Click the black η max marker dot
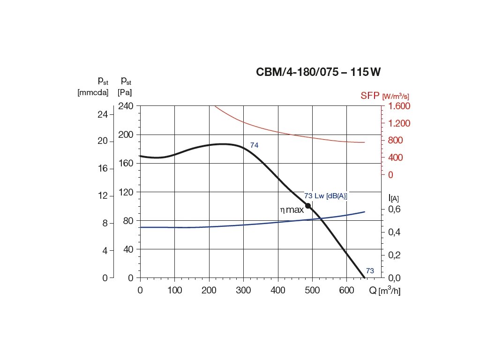pyautogui.click(x=308, y=206)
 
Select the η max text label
pyautogui.click(x=292, y=210)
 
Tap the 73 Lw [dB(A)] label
pyautogui.click(x=325, y=196)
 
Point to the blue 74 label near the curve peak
pyautogui.click(x=254, y=145)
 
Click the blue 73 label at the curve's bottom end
pyautogui.click(x=370, y=270)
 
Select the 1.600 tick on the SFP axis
pyautogui.click(x=399, y=106)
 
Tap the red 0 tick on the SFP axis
pyautogui.click(x=390, y=174)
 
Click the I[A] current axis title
pyautogui.click(x=393, y=198)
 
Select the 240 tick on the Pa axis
pyautogui.click(x=126, y=106)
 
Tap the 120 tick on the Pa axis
pyautogui.click(x=126, y=192)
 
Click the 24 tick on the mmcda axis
pyautogui.click(x=102, y=114)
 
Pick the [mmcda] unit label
pyautogui.click(x=93, y=92)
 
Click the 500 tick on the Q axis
pyautogui.click(x=312, y=291)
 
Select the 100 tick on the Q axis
pyautogui.click(x=174, y=291)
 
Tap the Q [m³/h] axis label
pyautogui.click(x=384, y=291)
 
